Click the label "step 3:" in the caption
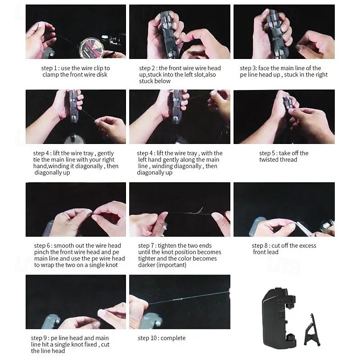click(x=248, y=68)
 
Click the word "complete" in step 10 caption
click(x=173, y=338)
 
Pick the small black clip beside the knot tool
click(x=312, y=331)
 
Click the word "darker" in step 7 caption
click(x=147, y=265)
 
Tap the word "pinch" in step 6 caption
click(x=41, y=252)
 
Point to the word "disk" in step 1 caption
click(x=102, y=75)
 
